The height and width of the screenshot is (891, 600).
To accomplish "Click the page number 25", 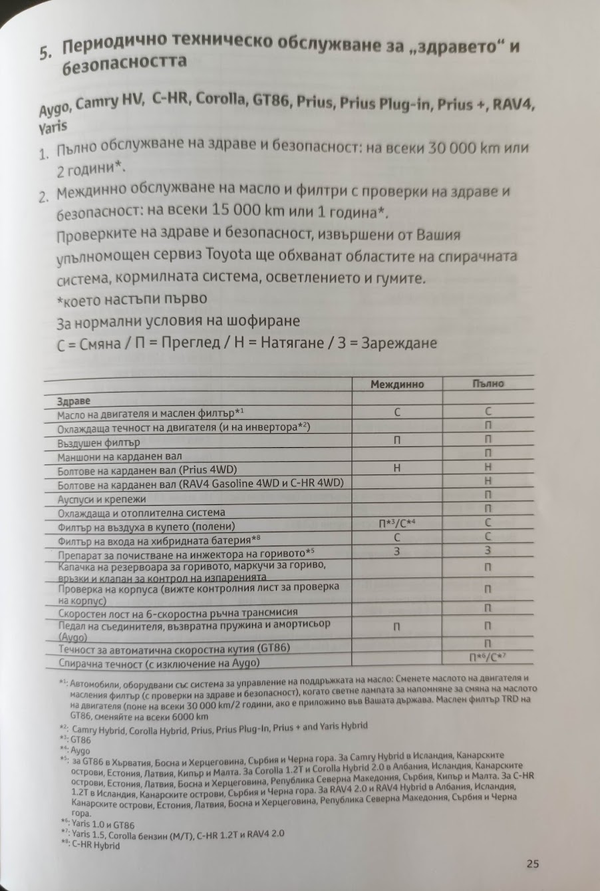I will click(x=531, y=864).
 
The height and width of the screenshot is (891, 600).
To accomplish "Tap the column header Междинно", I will click(x=397, y=384).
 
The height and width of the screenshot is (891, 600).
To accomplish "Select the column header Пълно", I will click(x=488, y=383).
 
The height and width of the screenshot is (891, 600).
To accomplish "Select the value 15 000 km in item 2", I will click(x=247, y=210).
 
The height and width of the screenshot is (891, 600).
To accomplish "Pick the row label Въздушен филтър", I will click(x=98, y=443).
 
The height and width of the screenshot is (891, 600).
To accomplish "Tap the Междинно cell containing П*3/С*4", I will click(x=397, y=524).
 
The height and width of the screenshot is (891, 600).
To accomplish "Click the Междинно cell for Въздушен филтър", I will click(x=397, y=440).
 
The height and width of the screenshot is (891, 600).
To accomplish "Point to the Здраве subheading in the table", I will click(x=74, y=402).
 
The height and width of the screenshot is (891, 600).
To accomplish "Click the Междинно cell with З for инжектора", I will click(x=397, y=551).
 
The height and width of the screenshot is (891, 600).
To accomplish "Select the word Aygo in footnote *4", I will click(x=80, y=751).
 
